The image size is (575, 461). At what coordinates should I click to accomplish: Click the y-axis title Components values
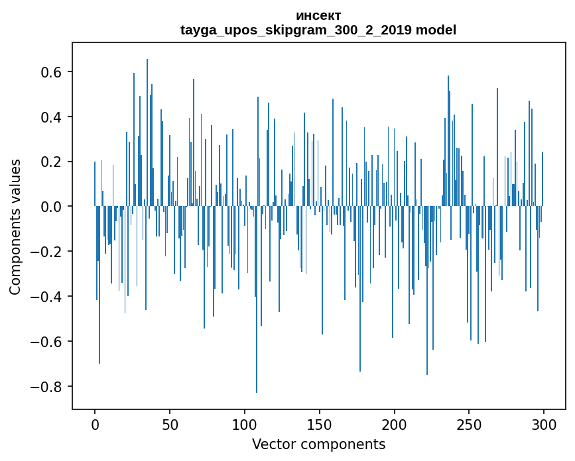15,227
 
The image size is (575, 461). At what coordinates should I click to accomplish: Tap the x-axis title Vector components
318,444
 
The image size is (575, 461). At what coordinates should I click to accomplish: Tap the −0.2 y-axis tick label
48,252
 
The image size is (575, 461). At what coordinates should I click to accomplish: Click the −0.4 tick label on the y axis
48,297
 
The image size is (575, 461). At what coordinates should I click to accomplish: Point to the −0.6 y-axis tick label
48,342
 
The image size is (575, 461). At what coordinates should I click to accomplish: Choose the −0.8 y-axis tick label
48,387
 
